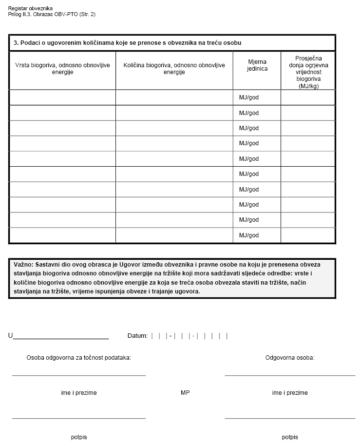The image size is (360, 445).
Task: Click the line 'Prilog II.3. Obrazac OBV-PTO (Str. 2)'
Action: coord(52,15)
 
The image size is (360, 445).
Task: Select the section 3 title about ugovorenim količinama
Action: coord(128,43)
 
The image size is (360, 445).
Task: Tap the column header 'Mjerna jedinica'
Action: coord(257,65)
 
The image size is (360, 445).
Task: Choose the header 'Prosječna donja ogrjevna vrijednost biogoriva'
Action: coord(308,71)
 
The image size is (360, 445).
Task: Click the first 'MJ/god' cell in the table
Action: coord(249,97)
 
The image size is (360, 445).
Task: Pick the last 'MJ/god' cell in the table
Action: coord(249,235)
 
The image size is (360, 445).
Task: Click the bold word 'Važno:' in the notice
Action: coord(23,264)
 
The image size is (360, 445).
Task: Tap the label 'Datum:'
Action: coord(137,336)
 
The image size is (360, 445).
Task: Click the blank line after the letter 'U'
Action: coord(61,337)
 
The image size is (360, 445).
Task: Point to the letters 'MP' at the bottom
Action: coord(185,393)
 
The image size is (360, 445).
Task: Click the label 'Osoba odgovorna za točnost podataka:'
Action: coord(78,358)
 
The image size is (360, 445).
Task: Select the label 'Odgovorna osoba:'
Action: coord(290,358)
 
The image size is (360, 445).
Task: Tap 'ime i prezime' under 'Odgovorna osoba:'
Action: coord(290,393)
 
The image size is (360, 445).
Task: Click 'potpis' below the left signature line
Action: coord(78,437)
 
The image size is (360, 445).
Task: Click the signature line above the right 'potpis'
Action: coord(290,418)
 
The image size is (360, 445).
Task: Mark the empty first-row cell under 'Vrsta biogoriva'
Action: coord(62,97)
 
